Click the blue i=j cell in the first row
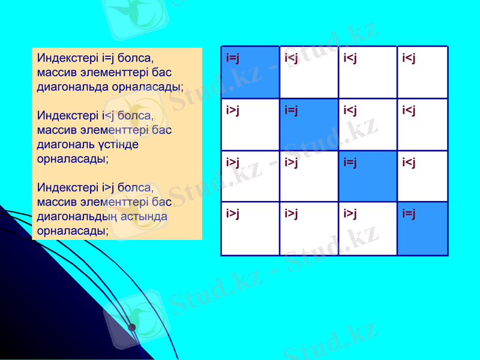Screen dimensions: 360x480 [x=250, y=72]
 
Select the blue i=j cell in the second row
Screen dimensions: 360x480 [x=309, y=124]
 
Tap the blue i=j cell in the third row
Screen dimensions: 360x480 [x=368, y=176]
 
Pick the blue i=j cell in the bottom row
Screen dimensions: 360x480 [x=423, y=229]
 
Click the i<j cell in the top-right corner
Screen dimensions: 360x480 [x=423, y=72]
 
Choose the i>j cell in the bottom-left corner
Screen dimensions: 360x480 [x=250, y=229]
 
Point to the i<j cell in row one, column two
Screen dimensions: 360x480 [x=309, y=72]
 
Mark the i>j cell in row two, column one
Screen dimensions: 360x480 [x=250, y=124]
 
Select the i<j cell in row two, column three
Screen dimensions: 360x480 [x=368, y=124]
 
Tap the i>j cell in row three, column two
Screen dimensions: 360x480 [x=309, y=176]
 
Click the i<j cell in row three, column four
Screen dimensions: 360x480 [x=423, y=176]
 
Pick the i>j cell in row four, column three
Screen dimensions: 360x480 [x=368, y=229]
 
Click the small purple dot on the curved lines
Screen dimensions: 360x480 [x=132, y=327]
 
